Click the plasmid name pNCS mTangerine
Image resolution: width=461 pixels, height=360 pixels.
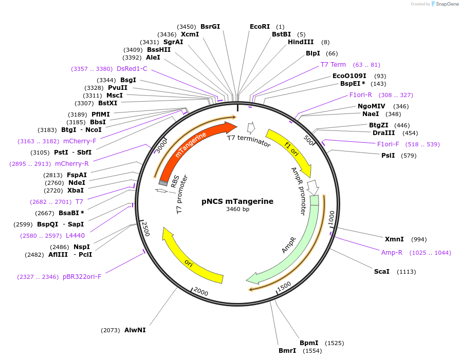(x=237, y=201)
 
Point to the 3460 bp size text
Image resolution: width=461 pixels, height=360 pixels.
(x=237, y=210)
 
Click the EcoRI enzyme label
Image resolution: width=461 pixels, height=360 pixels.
(x=260, y=27)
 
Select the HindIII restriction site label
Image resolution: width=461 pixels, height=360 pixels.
(x=301, y=42)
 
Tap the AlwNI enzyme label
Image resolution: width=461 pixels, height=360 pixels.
(x=135, y=330)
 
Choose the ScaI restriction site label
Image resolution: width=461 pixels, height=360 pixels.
(x=381, y=271)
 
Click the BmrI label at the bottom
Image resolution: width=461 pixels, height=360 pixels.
(x=287, y=351)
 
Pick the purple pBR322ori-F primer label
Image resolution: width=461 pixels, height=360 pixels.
(x=82, y=277)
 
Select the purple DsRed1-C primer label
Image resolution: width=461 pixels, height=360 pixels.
(x=132, y=69)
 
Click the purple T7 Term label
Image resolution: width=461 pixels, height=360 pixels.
(x=333, y=65)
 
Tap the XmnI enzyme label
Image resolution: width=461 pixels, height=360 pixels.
(x=394, y=239)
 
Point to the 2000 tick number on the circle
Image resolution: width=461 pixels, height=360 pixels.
(x=200, y=293)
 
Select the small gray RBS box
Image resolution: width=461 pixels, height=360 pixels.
(x=163, y=183)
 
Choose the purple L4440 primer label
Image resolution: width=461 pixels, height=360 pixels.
(x=75, y=236)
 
